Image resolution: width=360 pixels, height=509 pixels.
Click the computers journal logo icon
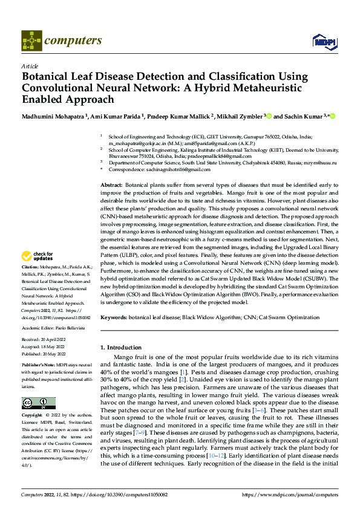pyautogui.click(x=31, y=41)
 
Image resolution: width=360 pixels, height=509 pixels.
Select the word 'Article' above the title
pyautogui.click(x=29, y=66)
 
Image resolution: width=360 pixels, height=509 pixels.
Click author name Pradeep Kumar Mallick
pyautogui.click(x=177, y=116)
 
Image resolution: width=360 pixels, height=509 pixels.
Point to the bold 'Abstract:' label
pyautogui.click(x=111, y=184)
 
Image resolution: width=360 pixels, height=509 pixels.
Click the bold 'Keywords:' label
pyautogui.click(x=113, y=317)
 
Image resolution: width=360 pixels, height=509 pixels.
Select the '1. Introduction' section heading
pyautogui.click(x=119, y=347)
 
